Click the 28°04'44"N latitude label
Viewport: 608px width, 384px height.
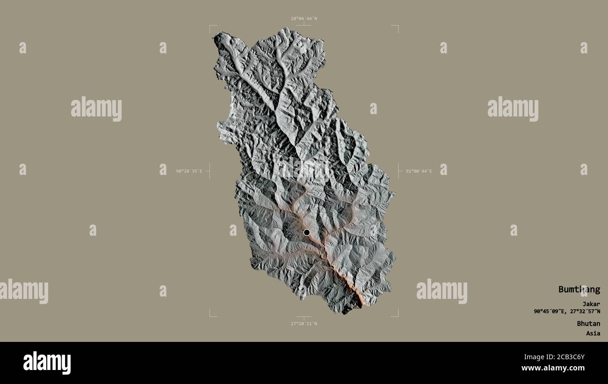[304, 19]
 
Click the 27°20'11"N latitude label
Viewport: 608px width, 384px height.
[304, 323]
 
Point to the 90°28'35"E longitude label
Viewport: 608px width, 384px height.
[189, 171]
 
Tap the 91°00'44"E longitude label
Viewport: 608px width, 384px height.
[419, 171]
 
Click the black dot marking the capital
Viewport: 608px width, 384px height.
[306, 232]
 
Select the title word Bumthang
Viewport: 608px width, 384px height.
[579, 289]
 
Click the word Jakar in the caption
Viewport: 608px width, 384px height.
[591, 304]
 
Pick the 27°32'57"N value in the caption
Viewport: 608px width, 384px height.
[584, 311]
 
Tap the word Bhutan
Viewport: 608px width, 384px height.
[588, 323]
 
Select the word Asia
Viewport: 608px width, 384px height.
[593, 333]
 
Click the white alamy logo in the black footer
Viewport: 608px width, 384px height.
[47, 362]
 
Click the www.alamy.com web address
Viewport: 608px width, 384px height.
[554, 368]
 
